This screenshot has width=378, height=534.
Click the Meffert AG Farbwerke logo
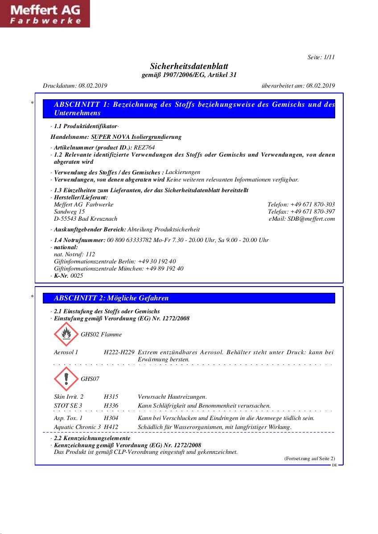point(45,14)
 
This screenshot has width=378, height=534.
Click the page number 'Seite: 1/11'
point(321,57)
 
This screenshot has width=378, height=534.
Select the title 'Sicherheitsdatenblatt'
point(189,66)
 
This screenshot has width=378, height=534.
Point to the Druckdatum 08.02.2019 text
point(75,85)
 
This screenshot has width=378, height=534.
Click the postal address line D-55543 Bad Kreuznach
point(86,218)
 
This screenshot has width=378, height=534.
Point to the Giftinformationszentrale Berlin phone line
point(115,261)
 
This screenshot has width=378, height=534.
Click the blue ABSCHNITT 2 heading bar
point(189,298)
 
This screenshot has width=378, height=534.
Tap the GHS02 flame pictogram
point(66,334)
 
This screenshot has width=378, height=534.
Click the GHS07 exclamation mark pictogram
point(66,379)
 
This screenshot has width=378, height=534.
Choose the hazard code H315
point(111,396)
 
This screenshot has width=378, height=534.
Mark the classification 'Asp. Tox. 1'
point(68,418)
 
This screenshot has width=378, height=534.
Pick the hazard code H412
point(111,427)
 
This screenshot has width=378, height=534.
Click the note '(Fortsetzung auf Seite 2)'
point(309,458)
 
